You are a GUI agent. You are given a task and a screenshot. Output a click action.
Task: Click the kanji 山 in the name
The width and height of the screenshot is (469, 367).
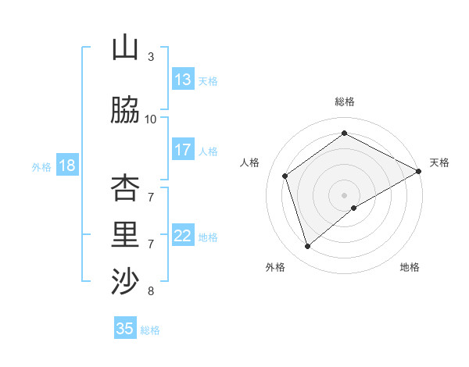click(x=125, y=48)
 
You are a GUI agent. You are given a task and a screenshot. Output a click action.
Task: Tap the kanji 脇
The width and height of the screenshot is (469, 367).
click(x=125, y=111)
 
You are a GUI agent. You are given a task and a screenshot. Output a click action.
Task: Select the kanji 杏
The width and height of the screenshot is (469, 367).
click(x=125, y=187)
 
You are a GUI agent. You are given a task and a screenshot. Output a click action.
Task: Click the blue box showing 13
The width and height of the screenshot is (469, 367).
click(x=183, y=80)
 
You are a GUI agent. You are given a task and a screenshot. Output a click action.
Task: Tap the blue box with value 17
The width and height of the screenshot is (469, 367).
click(x=183, y=150)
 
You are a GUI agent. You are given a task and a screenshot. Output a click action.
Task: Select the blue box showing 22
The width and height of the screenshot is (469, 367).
click(x=183, y=236)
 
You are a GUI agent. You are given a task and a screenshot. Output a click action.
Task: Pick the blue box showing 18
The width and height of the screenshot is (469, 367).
click(x=66, y=166)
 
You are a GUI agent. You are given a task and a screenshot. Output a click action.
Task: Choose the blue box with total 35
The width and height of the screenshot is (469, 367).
click(x=125, y=329)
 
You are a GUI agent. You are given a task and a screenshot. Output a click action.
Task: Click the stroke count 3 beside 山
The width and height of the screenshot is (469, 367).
click(x=151, y=57)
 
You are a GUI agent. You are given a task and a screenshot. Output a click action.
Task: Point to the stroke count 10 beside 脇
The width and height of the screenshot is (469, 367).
click(x=151, y=119)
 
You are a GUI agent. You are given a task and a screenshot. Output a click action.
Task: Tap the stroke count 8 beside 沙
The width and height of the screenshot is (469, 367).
click(x=151, y=291)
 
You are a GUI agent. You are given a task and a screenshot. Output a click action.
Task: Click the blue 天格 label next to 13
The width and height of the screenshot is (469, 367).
click(x=208, y=80)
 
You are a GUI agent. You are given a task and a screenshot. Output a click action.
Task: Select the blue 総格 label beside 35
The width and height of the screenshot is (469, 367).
click(x=150, y=330)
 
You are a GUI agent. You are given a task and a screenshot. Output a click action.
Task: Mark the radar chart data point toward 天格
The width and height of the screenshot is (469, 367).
click(x=419, y=172)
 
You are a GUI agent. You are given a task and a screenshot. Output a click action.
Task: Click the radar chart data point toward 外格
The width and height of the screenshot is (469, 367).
click(x=307, y=247)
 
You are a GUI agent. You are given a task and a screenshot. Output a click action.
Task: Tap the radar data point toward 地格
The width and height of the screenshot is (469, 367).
click(x=354, y=208)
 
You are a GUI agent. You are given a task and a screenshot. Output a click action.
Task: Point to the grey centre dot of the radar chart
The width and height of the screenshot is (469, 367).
click(x=344, y=194)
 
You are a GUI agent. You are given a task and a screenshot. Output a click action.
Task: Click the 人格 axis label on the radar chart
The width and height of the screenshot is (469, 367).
click(x=250, y=162)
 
